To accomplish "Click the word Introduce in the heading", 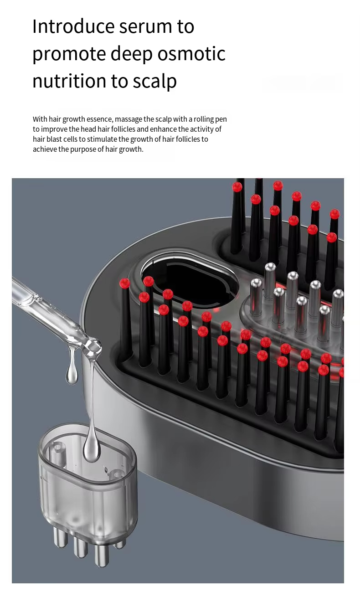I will click(73, 26).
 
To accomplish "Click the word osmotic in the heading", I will click(191, 54).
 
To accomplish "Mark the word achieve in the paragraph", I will click(45, 149).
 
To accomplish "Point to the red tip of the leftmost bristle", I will click(124, 283).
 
